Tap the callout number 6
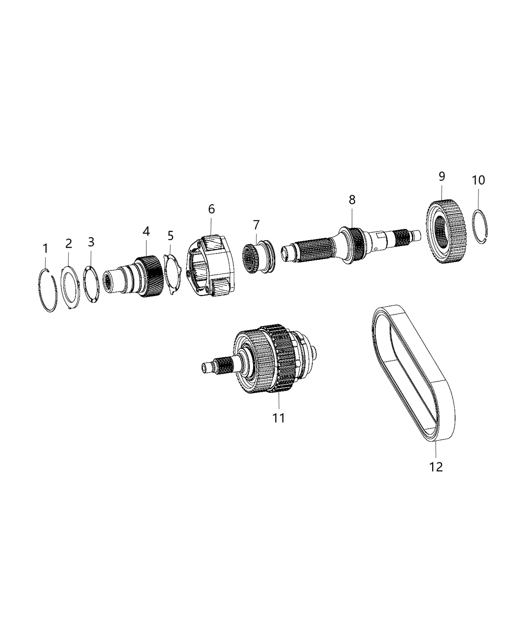pyautogui.click(x=211, y=209)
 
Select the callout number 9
pyautogui.click(x=441, y=176)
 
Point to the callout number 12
pyautogui.click(x=436, y=466)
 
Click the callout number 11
pyautogui.click(x=279, y=418)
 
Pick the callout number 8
pyautogui.click(x=352, y=200)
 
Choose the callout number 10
pyautogui.click(x=478, y=180)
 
